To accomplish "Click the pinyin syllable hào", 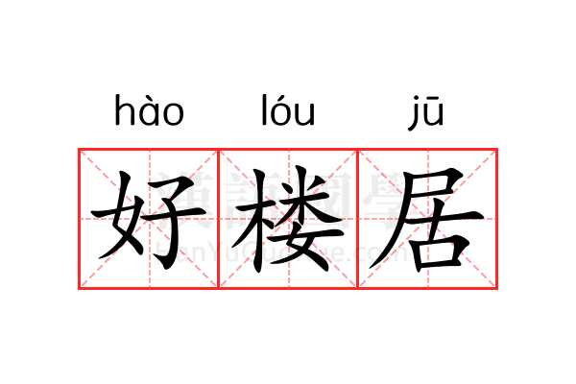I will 149,112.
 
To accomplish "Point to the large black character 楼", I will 288,219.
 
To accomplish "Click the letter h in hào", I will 124,111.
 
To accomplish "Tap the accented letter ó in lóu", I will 285,113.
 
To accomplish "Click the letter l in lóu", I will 266,111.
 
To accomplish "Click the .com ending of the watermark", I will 384,253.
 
